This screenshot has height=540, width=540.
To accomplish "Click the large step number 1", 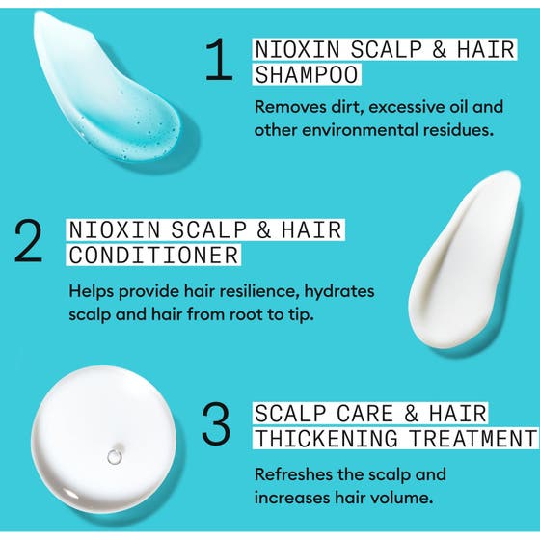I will point(221,61).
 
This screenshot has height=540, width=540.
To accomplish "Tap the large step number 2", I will point(29,242).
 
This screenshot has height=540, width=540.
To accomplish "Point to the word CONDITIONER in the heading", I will point(152,256).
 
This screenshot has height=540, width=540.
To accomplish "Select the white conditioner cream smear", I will point(463,260).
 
